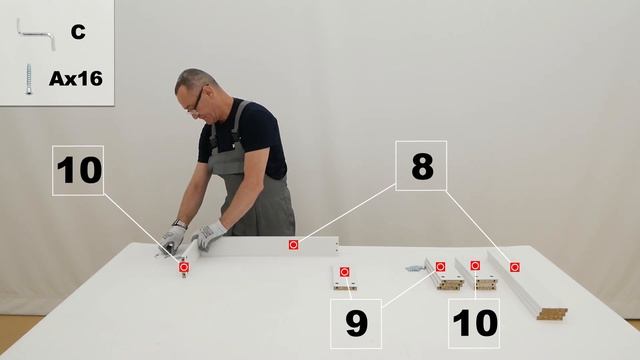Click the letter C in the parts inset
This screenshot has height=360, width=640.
coord(78,32)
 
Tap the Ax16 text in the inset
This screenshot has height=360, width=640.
coord(76,78)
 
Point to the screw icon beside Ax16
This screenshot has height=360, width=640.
coord(29,79)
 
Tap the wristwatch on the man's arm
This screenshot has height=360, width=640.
coord(180,223)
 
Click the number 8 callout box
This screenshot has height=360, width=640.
coord(421,166)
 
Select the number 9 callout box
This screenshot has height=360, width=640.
coord(356,324)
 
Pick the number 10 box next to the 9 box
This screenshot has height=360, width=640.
coord(474,323)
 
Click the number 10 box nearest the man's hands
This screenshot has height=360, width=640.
coord(78,170)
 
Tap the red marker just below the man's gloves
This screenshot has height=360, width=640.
coord(184,267)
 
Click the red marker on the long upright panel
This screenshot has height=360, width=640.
coord(293,244)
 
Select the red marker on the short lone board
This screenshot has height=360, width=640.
coord(344,271)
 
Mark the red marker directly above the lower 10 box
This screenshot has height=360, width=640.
coord(475,266)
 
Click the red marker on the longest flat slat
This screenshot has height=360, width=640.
coord(515,267)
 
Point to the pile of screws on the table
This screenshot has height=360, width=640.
coord(415,268)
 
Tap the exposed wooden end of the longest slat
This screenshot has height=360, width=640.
coord(552,313)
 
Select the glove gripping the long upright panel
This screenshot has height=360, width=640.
coord(209,235)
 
